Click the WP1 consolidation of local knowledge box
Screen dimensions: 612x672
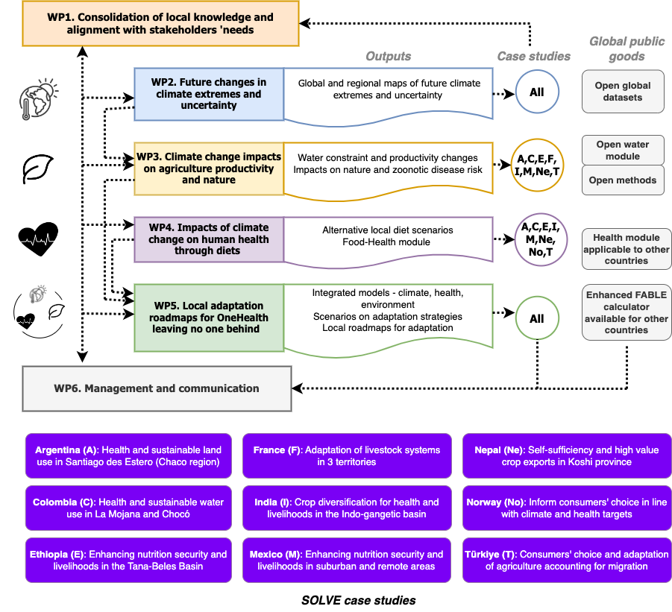(150, 23)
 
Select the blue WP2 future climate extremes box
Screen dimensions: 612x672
(209, 94)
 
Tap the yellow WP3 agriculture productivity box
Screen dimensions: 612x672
(209, 168)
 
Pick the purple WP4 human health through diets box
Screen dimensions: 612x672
(209, 239)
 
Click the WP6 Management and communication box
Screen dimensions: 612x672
(157, 388)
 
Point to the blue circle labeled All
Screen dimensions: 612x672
(536, 92)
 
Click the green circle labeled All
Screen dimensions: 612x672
(536, 318)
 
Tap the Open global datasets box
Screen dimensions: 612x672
(623, 92)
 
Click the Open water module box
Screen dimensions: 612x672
(623, 151)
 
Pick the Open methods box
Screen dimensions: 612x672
(623, 180)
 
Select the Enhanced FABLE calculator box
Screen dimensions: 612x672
(627, 312)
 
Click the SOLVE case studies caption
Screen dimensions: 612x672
(358, 600)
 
